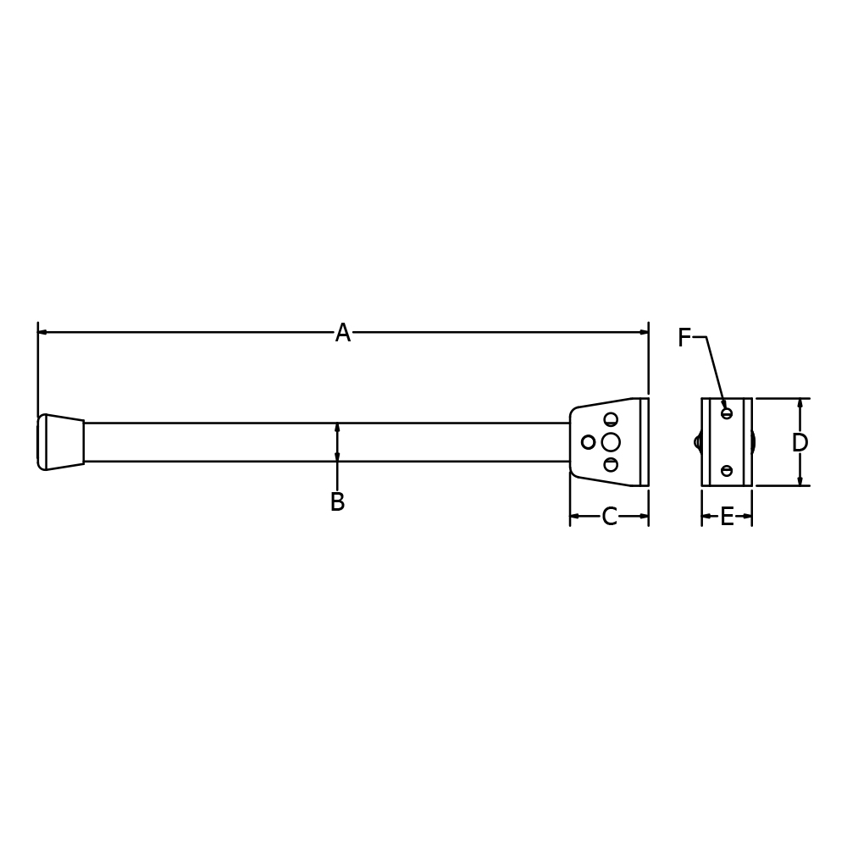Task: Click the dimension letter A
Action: (x=343, y=333)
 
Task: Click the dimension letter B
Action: (x=338, y=501)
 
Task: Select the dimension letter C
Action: (x=609, y=517)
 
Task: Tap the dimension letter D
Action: (x=800, y=443)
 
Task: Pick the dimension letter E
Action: (x=727, y=517)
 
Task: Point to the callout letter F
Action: (x=684, y=338)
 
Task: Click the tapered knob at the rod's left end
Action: (x=60, y=442)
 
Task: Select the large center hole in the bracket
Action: (x=611, y=442)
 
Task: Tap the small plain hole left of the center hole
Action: (x=588, y=442)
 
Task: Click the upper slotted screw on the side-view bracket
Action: (x=611, y=419)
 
